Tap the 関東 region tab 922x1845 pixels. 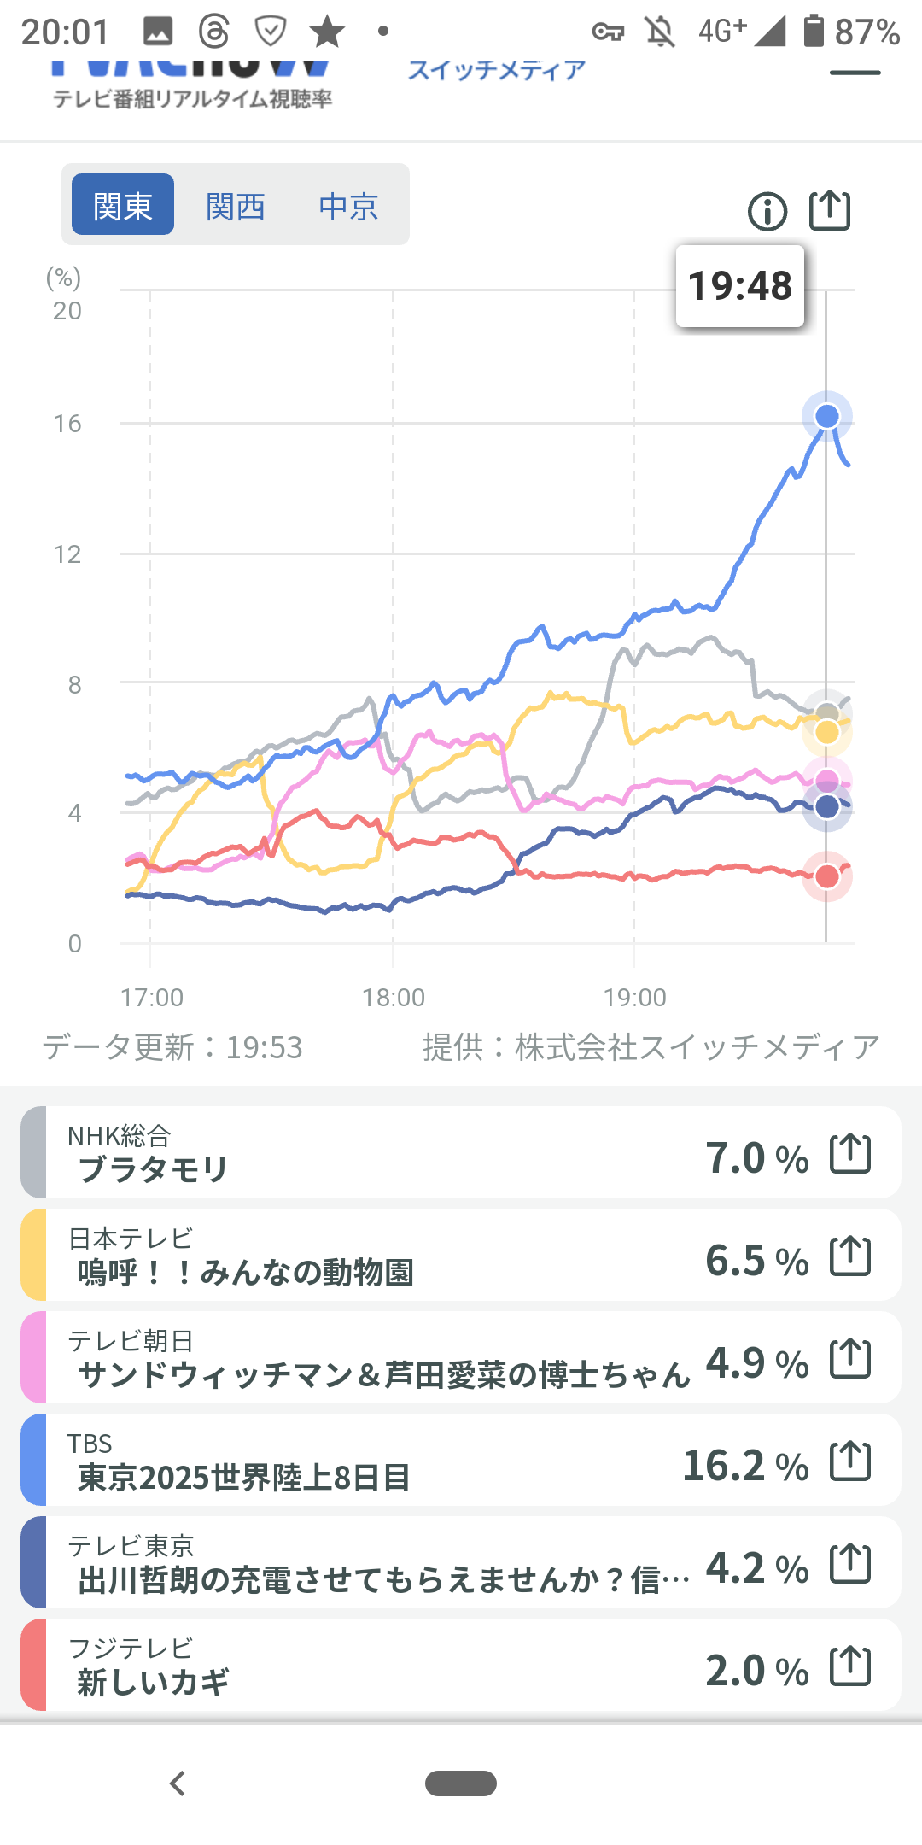click(123, 205)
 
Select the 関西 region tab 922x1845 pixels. click(236, 206)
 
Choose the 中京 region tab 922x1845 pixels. click(348, 206)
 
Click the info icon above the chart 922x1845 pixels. click(767, 211)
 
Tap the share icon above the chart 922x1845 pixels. click(830, 210)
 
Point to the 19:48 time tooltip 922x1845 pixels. click(740, 286)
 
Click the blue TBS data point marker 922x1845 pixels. click(826, 417)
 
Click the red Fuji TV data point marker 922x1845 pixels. click(826, 876)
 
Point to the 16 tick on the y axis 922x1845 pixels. click(67, 424)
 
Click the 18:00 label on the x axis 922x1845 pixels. click(393, 998)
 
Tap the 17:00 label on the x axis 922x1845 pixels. click(152, 998)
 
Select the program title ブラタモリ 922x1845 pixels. click(153, 1169)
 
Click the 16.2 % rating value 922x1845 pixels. click(745, 1466)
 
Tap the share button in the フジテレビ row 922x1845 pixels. click(850, 1666)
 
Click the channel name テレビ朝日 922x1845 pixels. click(131, 1341)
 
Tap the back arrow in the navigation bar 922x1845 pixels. click(178, 1783)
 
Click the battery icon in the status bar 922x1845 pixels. click(814, 31)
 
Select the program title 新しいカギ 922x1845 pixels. click(153, 1682)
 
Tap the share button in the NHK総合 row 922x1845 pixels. click(850, 1154)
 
